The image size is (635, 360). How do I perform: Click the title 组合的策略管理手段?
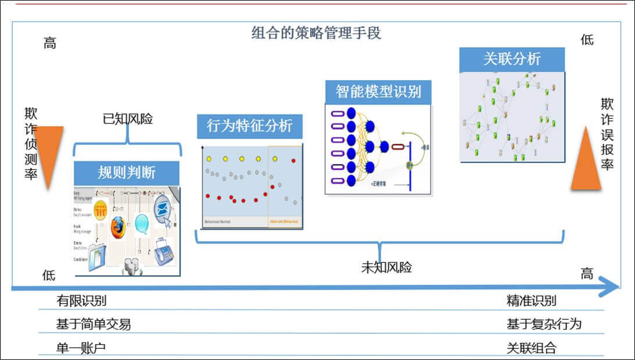pos(316,33)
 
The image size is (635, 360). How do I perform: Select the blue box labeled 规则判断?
pos(127,173)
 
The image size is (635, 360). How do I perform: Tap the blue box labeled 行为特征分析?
pos(249,126)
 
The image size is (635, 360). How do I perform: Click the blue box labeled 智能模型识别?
pos(378,92)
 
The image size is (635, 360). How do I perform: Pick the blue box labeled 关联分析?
pos(512,59)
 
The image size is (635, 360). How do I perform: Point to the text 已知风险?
pos(127,119)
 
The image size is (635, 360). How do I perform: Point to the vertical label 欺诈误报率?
pos(607,134)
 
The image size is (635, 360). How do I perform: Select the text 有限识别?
pos(81,301)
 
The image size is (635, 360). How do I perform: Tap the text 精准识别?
pos(531,301)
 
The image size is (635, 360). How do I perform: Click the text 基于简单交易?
pos(94,325)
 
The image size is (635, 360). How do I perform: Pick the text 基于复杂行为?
pos(544,325)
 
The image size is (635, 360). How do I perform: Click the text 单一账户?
pos(81,348)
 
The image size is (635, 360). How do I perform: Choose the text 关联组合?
pos(531,348)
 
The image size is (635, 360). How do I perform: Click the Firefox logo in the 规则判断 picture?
pos(118,226)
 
